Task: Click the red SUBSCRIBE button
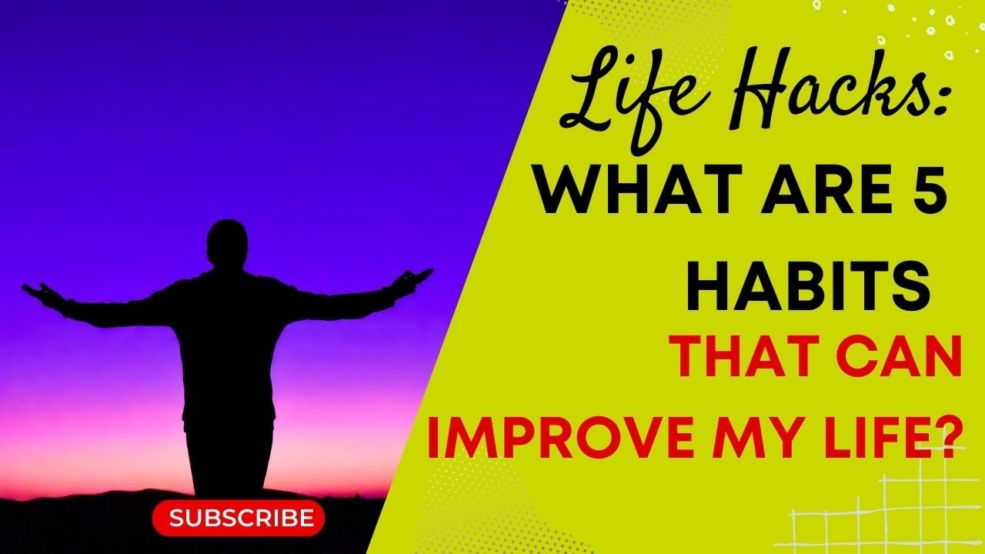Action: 239,518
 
